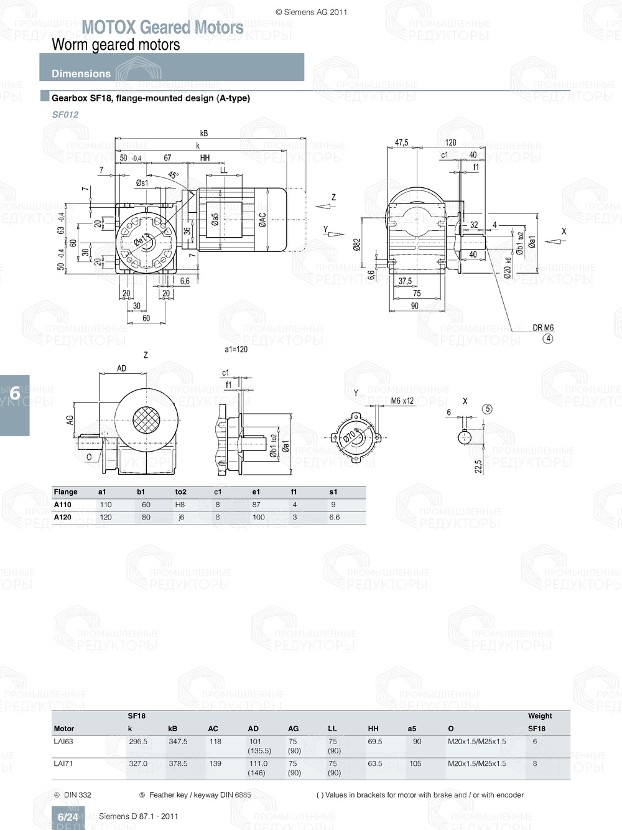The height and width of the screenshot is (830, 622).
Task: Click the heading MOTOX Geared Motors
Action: coord(162,27)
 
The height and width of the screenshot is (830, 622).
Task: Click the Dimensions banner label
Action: coord(81,73)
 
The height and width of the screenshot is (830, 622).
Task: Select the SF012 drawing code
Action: coord(65,114)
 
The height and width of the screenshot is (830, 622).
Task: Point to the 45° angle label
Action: coord(173,175)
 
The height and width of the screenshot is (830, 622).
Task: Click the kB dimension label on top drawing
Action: coord(204,133)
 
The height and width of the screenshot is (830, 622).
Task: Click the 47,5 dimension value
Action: coord(402,142)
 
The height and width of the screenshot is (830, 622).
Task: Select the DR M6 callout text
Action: coord(543,328)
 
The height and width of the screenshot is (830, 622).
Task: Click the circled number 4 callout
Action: coord(548,339)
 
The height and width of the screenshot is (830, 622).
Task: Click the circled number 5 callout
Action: coord(488,409)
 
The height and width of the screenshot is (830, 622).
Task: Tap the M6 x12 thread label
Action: coord(402,401)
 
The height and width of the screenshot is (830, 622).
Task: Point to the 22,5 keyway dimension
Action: coord(478,467)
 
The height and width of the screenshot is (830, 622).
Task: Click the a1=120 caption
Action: coord(236,350)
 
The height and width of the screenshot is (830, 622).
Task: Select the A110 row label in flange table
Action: coord(63,505)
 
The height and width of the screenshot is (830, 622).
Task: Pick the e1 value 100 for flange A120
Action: coord(258,517)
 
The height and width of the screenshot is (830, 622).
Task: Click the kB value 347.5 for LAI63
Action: coord(178,742)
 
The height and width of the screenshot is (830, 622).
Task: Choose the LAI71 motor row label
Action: coord(63,763)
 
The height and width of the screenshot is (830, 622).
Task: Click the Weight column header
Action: coord(540,716)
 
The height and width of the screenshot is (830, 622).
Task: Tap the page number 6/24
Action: coord(68,817)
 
